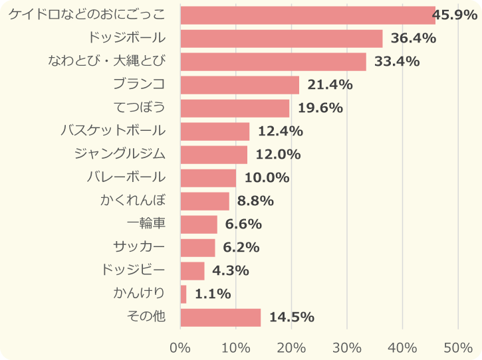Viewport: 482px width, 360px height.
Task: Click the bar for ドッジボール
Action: [281, 39]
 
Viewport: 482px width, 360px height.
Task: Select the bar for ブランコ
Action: [239, 85]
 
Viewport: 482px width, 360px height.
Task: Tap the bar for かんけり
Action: [183, 294]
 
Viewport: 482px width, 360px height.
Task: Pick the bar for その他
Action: [220, 317]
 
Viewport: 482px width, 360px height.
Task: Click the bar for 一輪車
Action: [199, 225]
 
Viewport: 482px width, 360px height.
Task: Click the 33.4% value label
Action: [397, 62]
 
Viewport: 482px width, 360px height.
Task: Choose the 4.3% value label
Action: [230, 271]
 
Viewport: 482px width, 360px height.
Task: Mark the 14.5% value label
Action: [291, 317]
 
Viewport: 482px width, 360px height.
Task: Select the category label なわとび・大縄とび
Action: [106, 61]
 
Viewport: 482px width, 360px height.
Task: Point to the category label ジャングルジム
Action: [120, 154]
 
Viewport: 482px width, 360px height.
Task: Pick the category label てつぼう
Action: [139, 108]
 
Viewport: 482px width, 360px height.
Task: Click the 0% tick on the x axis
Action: [180, 347]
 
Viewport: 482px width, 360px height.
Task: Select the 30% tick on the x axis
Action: [347, 347]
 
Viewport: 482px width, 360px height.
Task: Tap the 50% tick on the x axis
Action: [458, 347]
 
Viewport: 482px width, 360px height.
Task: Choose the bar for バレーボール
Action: [208, 178]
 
